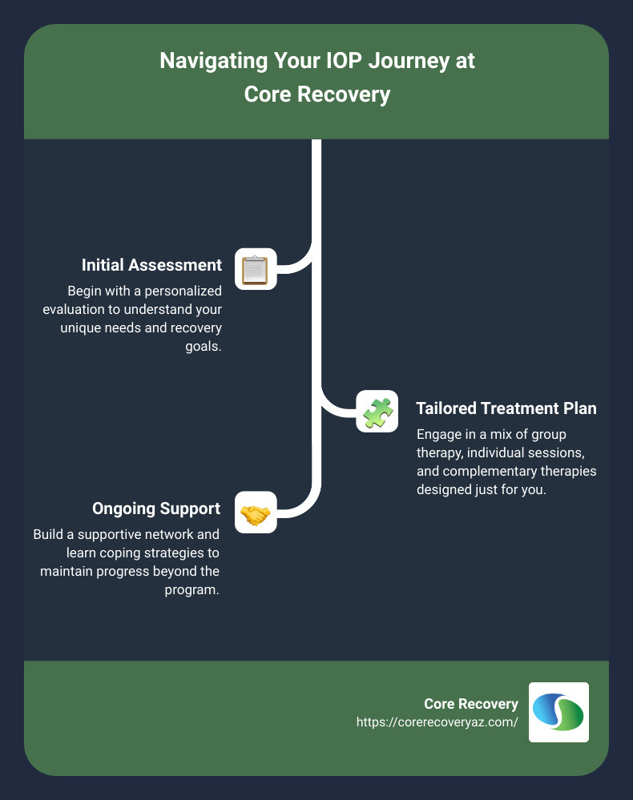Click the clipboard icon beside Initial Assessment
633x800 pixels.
(x=256, y=269)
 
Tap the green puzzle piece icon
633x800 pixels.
(x=377, y=412)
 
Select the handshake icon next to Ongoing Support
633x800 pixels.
(x=256, y=513)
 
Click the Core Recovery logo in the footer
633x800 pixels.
(x=558, y=712)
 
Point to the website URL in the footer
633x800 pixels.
(x=437, y=722)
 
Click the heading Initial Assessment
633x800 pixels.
(x=151, y=265)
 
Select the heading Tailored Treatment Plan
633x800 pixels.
(x=506, y=408)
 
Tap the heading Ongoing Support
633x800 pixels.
(x=156, y=509)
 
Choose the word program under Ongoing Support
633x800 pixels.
(x=197, y=591)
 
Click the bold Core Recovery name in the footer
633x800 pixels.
(x=471, y=704)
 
